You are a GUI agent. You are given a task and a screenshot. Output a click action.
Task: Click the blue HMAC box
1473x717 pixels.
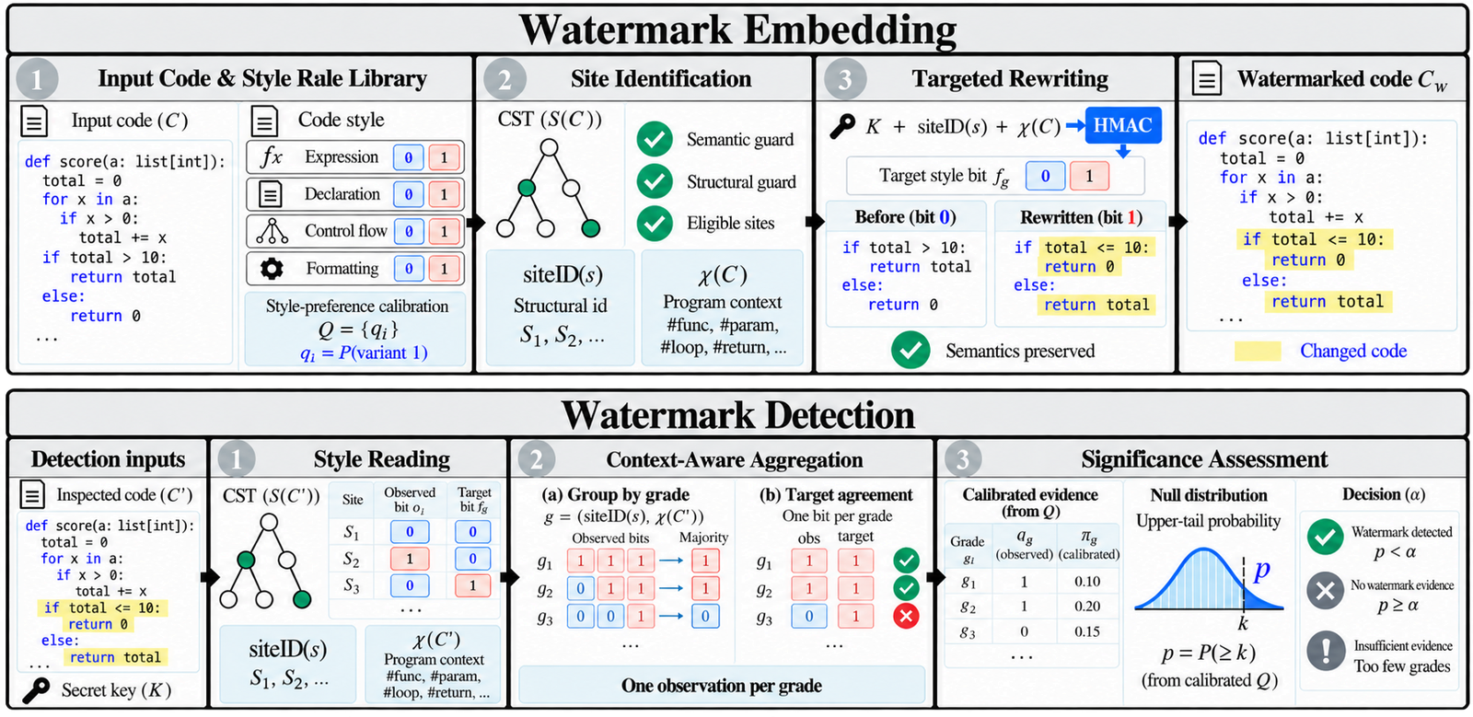[1123, 125]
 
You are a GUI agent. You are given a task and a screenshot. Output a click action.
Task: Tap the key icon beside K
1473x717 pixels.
[842, 125]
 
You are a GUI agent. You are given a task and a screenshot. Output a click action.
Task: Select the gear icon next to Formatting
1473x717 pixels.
[272, 268]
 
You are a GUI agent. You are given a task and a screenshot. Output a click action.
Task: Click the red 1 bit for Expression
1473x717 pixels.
[444, 157]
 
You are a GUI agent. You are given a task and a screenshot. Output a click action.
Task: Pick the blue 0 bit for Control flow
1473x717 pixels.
[409, 231]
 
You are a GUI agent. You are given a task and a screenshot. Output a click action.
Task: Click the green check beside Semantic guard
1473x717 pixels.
[655, 139]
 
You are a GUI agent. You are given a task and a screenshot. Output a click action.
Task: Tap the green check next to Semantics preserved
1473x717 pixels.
[910, 351]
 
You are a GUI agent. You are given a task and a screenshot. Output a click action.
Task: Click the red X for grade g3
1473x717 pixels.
[906, 617]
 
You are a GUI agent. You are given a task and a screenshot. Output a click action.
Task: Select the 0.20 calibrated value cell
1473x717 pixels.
[1087, 606]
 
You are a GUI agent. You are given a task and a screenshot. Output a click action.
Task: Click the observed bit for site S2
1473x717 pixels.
[410, 559]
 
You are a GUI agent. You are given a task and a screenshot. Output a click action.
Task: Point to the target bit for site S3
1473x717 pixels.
[472, 585]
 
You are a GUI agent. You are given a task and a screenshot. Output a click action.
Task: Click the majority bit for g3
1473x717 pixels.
[705, 617]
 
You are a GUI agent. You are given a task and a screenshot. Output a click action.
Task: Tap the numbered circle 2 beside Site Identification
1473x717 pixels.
[505, 79]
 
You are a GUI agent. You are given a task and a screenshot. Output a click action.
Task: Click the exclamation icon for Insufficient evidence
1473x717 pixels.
[1326, 651]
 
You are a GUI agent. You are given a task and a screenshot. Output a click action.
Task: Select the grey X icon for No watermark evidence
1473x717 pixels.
[1326, 590]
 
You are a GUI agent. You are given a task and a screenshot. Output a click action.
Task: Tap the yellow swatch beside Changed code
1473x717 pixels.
[1258, 351]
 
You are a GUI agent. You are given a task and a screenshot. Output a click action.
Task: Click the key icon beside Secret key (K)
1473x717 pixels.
[36, 690]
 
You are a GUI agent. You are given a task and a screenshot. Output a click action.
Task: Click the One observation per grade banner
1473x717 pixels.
[722, 686]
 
